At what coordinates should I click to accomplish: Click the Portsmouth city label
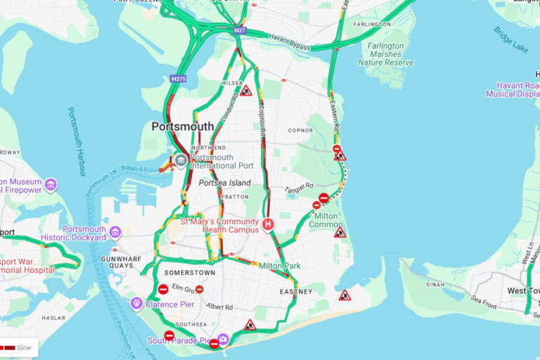[183, 127]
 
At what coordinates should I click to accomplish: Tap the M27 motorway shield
[240, 30]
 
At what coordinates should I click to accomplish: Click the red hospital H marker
[268, 224]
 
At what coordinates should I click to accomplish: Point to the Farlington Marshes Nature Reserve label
[386, 54]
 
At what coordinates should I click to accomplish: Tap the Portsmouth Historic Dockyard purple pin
[115, 232]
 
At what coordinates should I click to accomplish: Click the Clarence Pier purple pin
[136, 303]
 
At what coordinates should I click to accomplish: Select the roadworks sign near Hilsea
[245, 91]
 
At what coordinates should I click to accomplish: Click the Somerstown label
[190, 272]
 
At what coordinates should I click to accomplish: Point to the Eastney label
[295, 291]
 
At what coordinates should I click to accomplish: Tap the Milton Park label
[280, 266]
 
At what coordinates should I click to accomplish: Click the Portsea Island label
[224, 183]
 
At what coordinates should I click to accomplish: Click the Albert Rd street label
[219, 307]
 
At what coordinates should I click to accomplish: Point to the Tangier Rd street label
[299, 188]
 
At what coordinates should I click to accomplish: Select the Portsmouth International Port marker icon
[181, 160]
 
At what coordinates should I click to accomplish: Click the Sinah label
[436, 285]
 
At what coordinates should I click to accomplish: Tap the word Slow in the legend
[25, 347]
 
